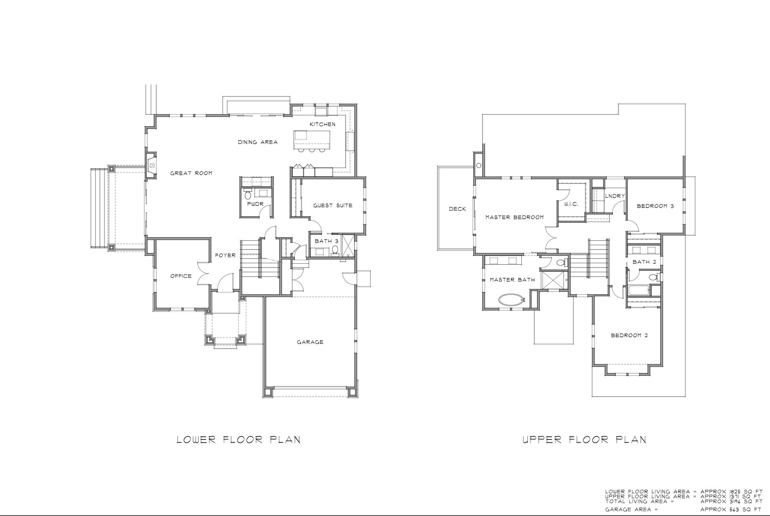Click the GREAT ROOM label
[191, 173]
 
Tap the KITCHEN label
[322, 124]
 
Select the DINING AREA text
[257, 142]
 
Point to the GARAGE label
[310, 342]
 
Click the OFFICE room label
[181, 276]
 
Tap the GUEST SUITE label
[332, 206]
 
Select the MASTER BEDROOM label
[515, 218]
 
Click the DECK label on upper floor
[458, 209]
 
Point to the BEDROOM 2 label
[629, 335]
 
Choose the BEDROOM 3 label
[655, 206]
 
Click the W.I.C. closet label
[571, 204]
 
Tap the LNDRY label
[615, 196]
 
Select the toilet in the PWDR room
[247, 196]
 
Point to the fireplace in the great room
[151, 165]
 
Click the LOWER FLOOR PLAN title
[239, 439]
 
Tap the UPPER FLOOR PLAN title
[585, 439]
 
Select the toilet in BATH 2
[653, 277]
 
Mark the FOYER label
[225, 255]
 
